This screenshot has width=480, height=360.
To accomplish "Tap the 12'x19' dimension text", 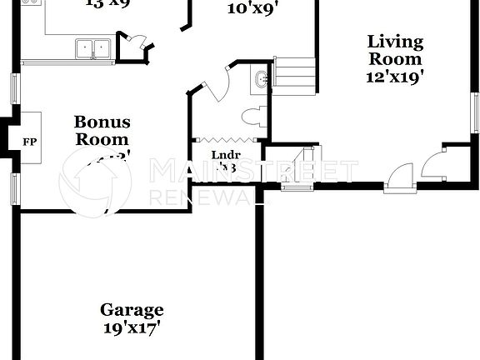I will coord(395,77).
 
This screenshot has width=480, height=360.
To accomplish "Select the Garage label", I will coord(131,310).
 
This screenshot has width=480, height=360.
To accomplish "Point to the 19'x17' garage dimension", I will coord(131,327).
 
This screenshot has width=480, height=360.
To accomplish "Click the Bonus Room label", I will coord(102,131).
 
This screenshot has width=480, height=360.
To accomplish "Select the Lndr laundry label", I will coord(226,155).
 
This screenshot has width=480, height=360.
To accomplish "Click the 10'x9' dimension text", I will coord(252,9).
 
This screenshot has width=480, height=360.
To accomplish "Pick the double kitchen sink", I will coord(93,50).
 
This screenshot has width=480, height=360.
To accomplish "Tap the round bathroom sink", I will coord(261,80).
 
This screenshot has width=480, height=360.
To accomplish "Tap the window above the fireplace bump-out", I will coord(14,89).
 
